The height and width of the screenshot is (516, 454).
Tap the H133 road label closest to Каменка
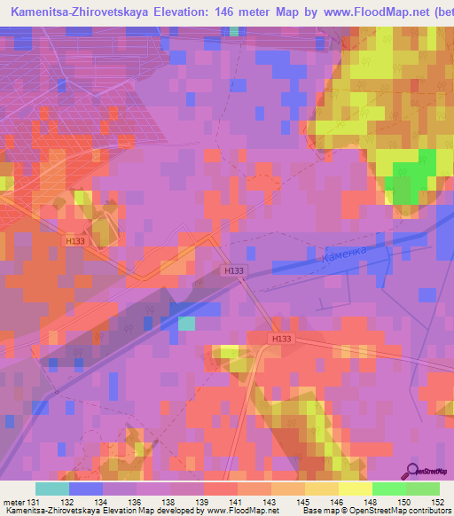tap(233, 271)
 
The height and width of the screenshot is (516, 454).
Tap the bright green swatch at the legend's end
tap(423, 489)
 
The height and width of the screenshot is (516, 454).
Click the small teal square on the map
tap(186, 324)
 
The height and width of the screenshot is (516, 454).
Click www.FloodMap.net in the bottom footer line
tap(234, 511)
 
